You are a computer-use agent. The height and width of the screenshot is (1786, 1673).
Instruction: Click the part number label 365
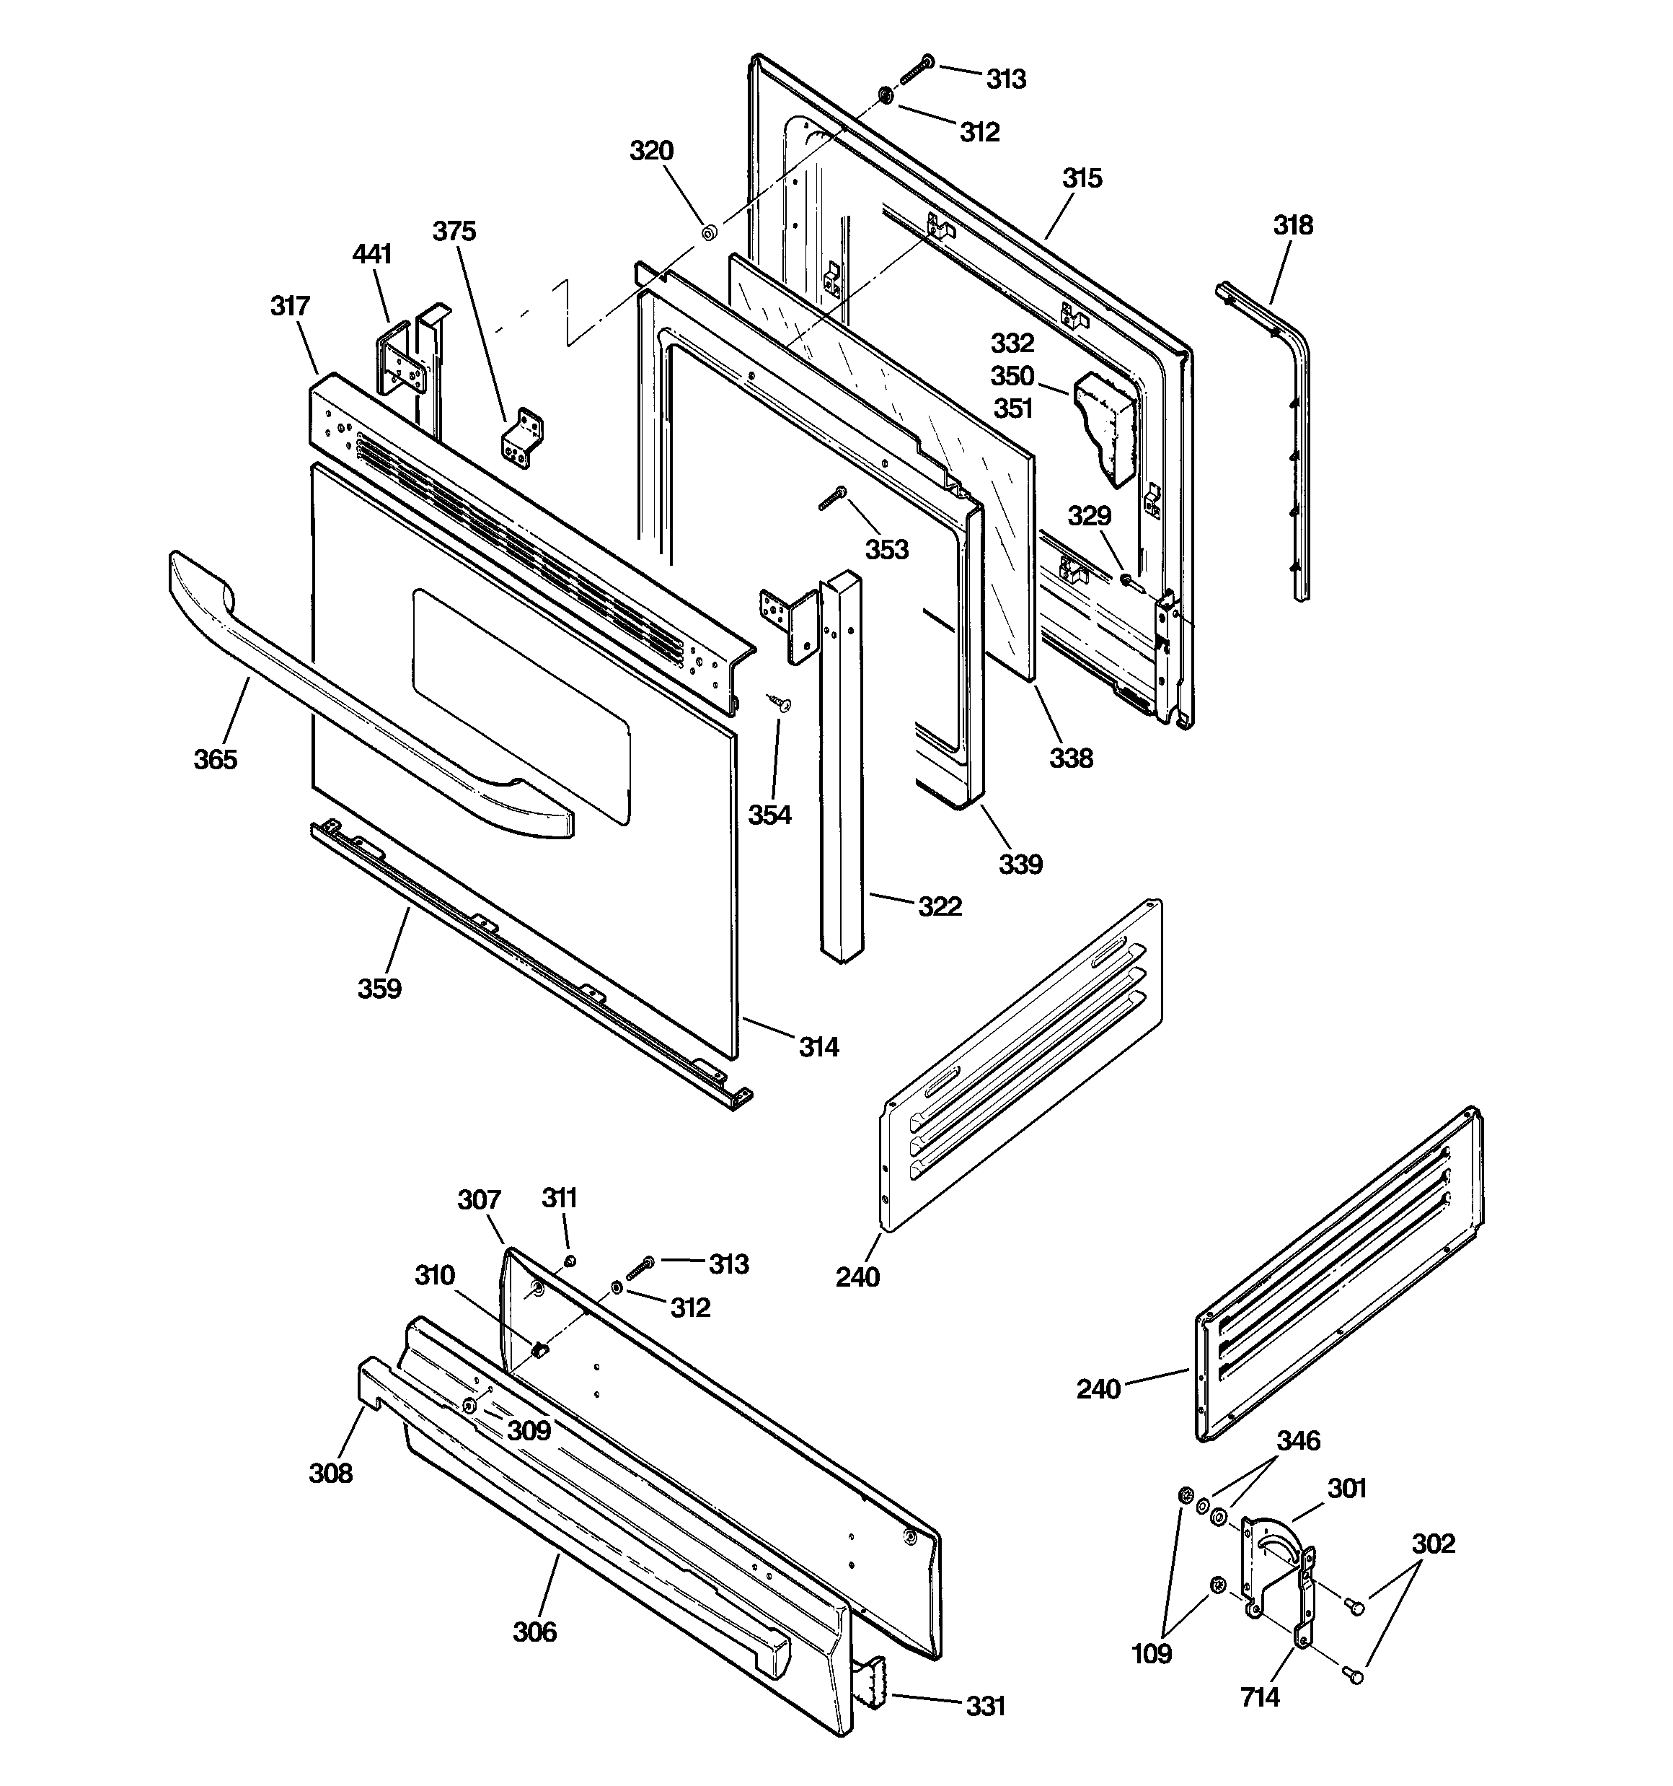point(216,760)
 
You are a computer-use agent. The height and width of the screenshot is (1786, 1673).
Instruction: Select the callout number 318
point(1292,225)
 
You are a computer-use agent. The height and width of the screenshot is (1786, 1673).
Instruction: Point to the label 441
point(372,254)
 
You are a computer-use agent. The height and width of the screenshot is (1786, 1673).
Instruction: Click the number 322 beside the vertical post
point(940,906)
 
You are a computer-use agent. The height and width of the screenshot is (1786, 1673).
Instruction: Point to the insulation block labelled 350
point(1106,426)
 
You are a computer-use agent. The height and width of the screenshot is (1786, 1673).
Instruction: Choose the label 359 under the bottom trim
point(379,989)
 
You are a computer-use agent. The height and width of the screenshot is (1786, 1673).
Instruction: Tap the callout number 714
point(1259,1697)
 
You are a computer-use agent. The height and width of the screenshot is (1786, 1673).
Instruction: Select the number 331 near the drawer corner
point(985,1706)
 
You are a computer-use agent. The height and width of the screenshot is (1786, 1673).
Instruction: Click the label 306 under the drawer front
point(534,1632)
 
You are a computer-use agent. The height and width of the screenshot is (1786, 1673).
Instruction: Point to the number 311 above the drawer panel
point(560,1198)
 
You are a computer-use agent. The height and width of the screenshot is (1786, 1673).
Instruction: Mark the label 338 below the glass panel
point(1072,758)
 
